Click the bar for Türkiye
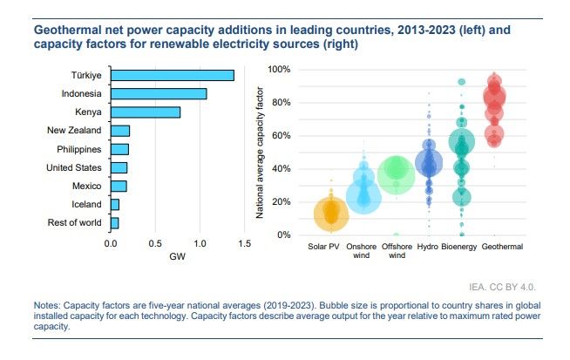tap(172, 75)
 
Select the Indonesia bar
tap(158, 93)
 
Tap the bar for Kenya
tap(145, 112)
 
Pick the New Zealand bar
tap(119, 131)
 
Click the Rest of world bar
tap(114, 223)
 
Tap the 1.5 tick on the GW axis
tap(244, 242)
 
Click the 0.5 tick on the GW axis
tap(155, 242)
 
